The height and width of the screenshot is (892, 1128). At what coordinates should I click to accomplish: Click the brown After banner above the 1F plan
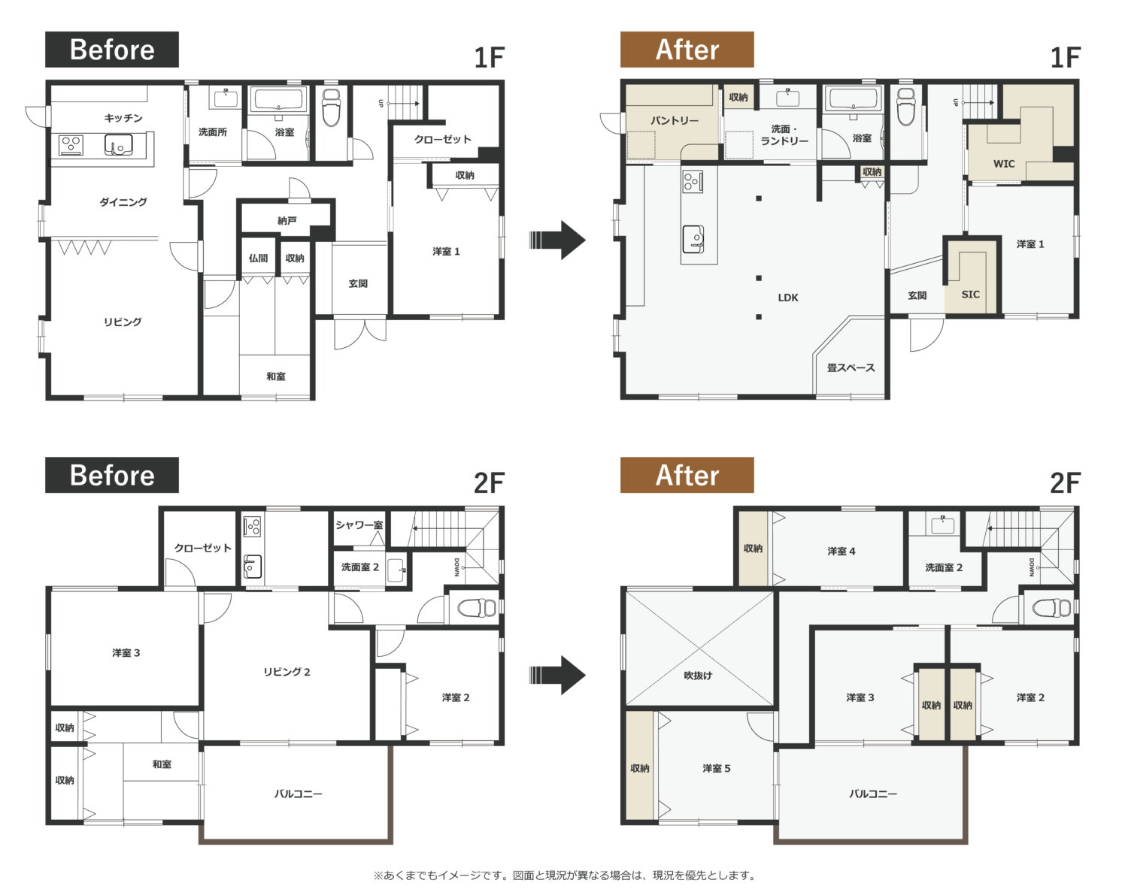[687, 50]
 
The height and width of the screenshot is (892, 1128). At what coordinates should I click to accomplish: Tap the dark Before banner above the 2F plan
[111, 475]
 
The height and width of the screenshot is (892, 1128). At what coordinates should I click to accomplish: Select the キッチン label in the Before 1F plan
[123, 118]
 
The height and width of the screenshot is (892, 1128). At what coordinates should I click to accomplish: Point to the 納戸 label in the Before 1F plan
[287, 220]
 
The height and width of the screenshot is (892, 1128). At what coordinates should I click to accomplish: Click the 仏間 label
[258, 258]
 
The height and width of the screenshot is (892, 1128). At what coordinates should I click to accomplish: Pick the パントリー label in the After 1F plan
[675, 120]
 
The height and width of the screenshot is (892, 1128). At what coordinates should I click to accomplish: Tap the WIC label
[1004, 164]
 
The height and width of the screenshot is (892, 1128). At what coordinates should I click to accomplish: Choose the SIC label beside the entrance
[970, 295]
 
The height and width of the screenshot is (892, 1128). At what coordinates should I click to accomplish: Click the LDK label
[788, 298]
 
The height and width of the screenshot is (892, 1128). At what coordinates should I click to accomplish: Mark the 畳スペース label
[851, 367]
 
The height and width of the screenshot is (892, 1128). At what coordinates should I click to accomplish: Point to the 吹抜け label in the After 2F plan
[698, 675]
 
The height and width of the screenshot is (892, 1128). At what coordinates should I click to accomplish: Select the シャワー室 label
[359, 525]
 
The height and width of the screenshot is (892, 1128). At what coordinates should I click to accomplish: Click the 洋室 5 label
[717, 769]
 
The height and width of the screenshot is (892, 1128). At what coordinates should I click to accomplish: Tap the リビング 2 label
[287, 672]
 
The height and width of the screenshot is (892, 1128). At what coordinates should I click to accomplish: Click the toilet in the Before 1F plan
[331, 107]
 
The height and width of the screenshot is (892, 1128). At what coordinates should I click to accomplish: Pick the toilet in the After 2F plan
[1051, 608]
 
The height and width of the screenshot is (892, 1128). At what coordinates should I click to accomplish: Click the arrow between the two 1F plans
[557, 240]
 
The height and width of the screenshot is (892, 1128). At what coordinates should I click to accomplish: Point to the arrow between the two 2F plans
[557, 675]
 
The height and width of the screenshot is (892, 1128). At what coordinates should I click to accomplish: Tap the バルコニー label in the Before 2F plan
[298, 794]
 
